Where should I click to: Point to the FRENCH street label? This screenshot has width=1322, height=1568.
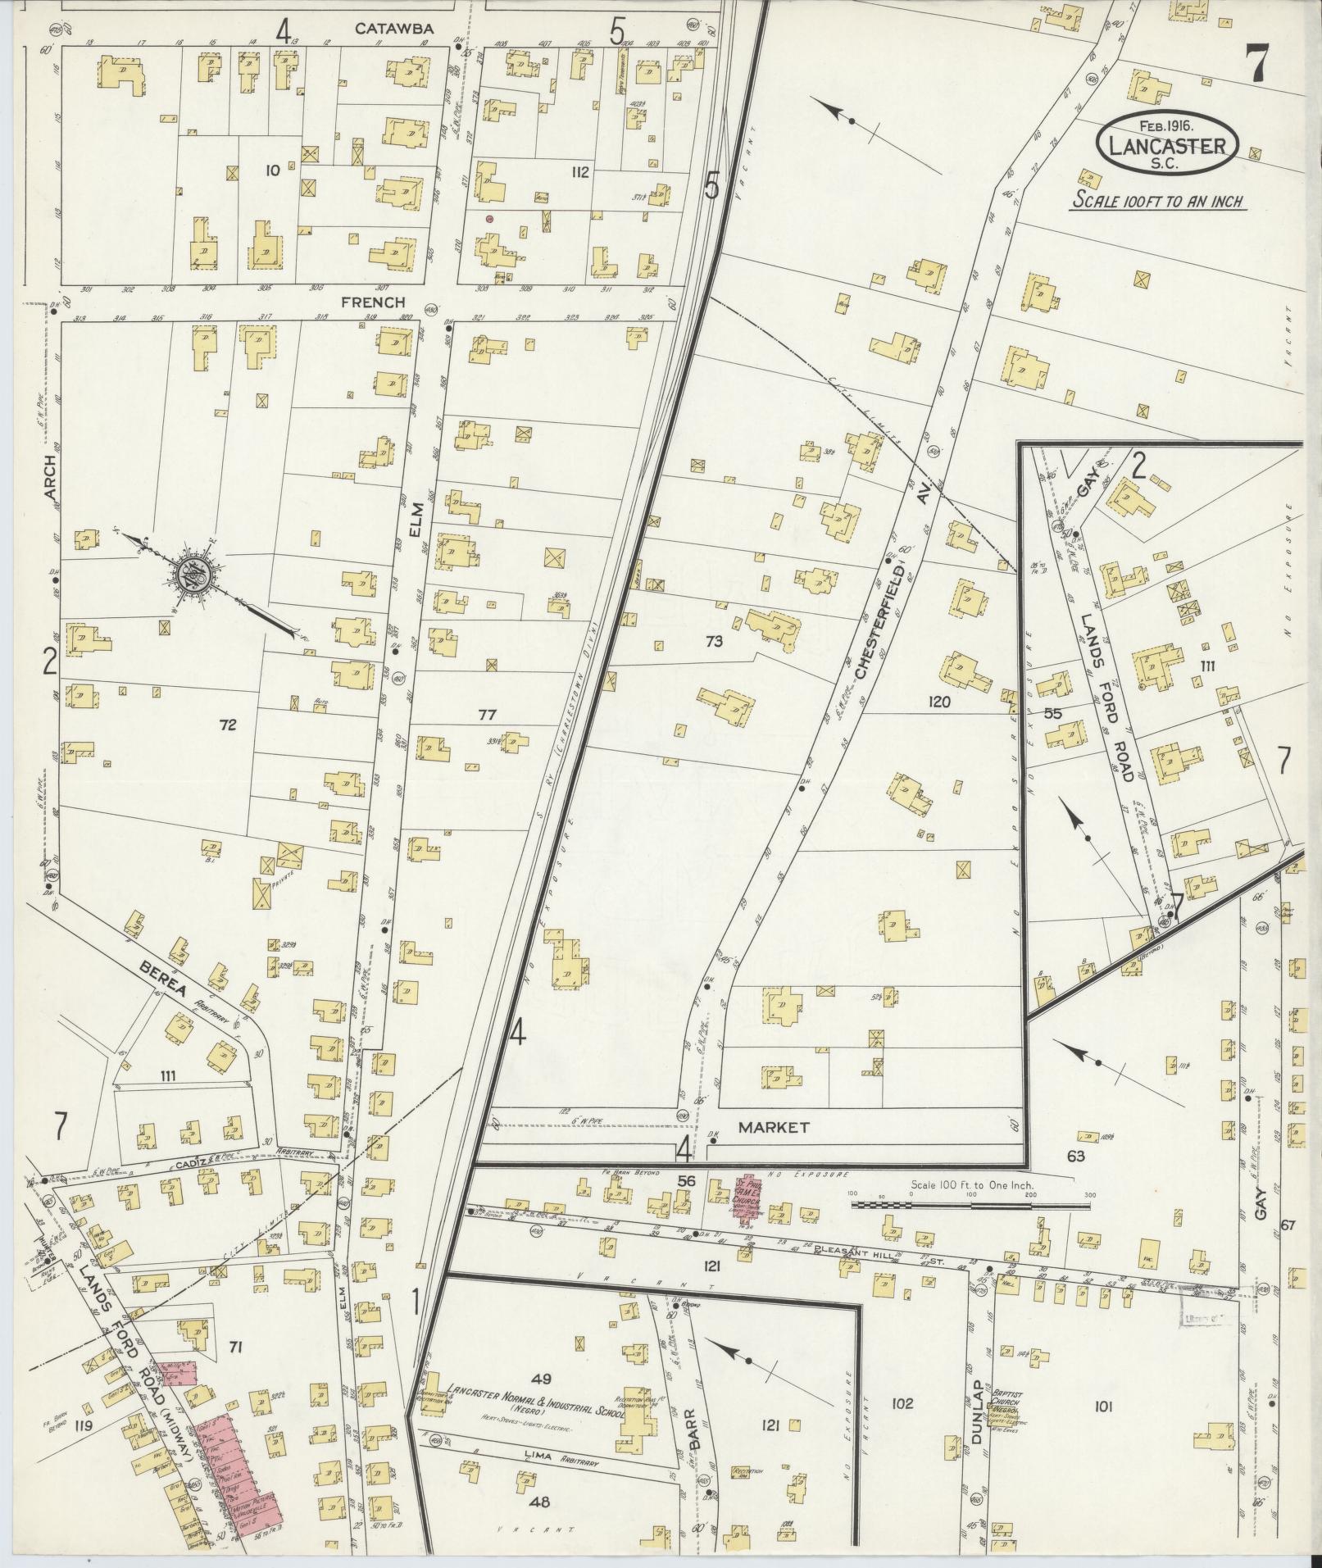374,302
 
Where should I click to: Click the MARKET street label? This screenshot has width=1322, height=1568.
774,1127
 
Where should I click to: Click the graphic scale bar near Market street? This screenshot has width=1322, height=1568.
971,1205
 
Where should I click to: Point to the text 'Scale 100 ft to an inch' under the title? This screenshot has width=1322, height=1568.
1157,201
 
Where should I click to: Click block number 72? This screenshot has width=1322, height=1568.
228,725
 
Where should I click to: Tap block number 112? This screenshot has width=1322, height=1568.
580,172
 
